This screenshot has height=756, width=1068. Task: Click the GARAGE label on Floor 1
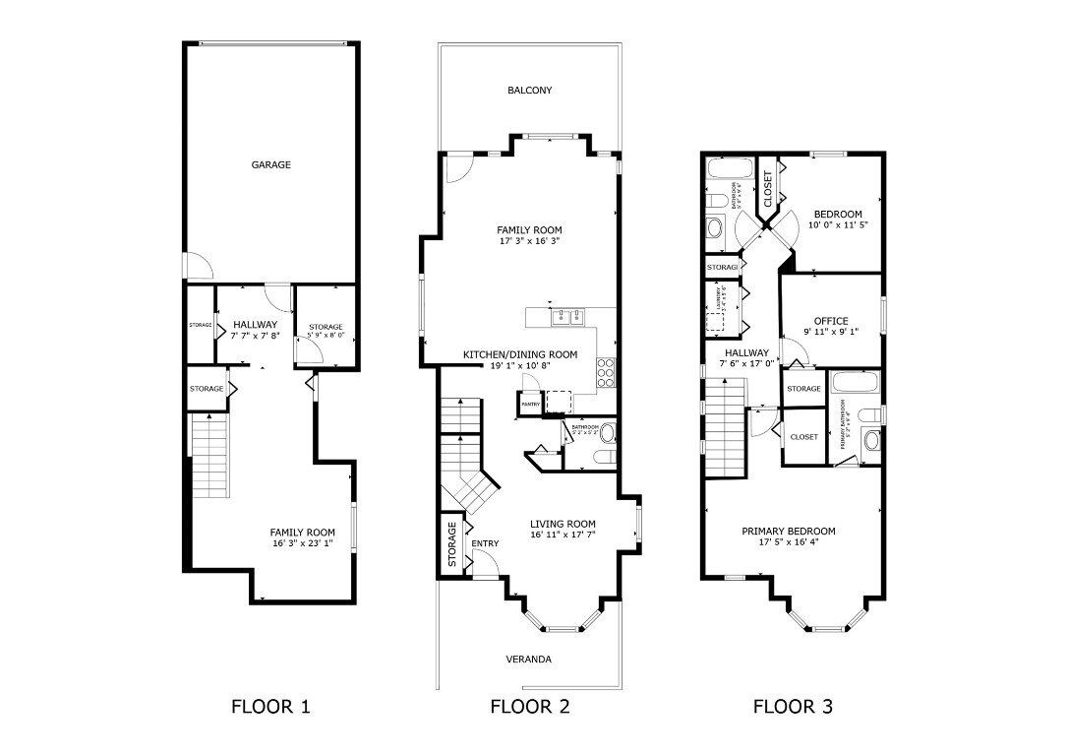click(x=270, y=165)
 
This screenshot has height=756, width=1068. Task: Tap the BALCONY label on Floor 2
click(x=529, y=91)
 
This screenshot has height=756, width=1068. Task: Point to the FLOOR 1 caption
click(x=270, y=706)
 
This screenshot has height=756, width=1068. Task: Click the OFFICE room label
click(x=830, y=321)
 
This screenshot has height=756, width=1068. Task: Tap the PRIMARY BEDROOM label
click(x=789, y=531)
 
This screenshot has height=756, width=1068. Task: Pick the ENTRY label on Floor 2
click(x=485, y=543)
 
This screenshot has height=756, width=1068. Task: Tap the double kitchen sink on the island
click(x=566, y=317)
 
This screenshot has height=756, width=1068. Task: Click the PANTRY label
click(x=531, y=405)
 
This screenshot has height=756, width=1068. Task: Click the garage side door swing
click(x=195, y=264)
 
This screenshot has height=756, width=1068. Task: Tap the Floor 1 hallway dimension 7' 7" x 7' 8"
click(x=255, y=336)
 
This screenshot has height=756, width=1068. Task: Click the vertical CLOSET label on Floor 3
click(x=767, y=189)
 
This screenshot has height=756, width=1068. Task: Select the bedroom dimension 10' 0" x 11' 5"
click(x=838, y=225)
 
